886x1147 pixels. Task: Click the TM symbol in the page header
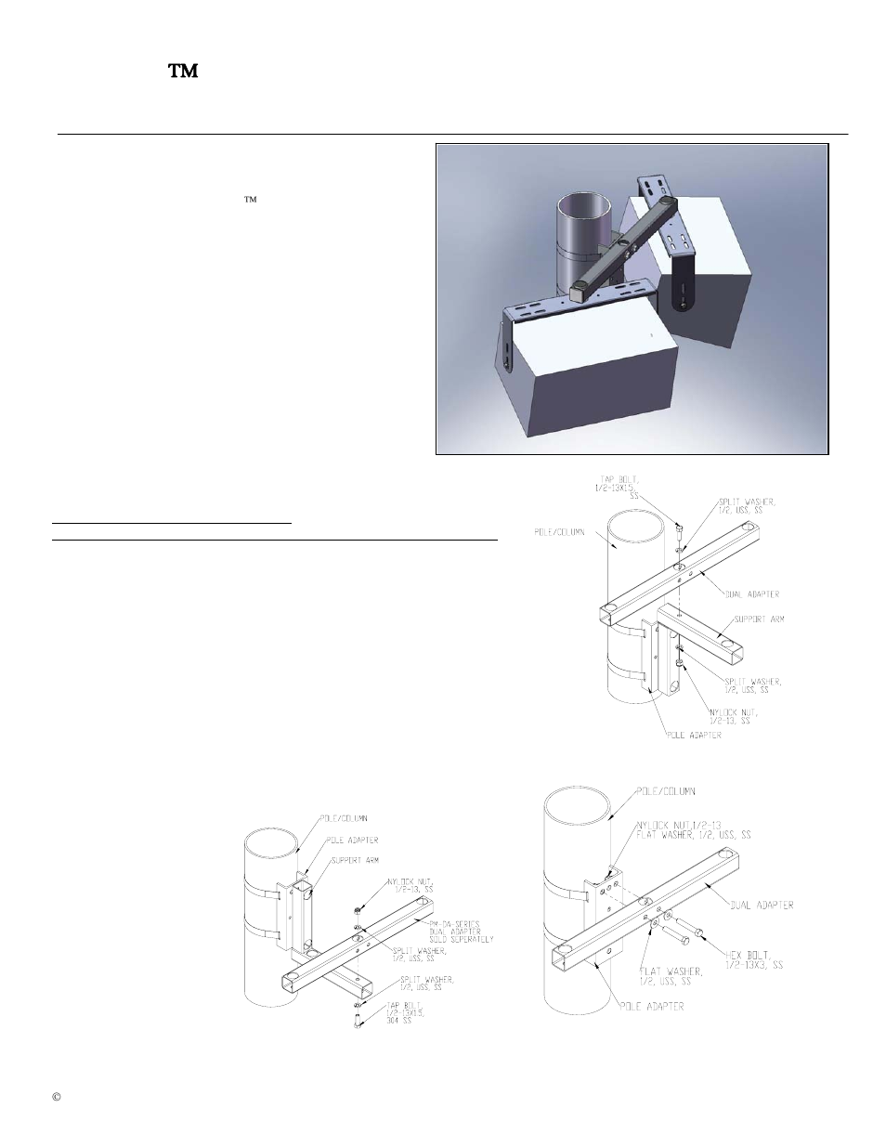(183, 72)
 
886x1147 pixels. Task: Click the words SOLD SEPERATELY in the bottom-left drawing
(463, 938)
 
